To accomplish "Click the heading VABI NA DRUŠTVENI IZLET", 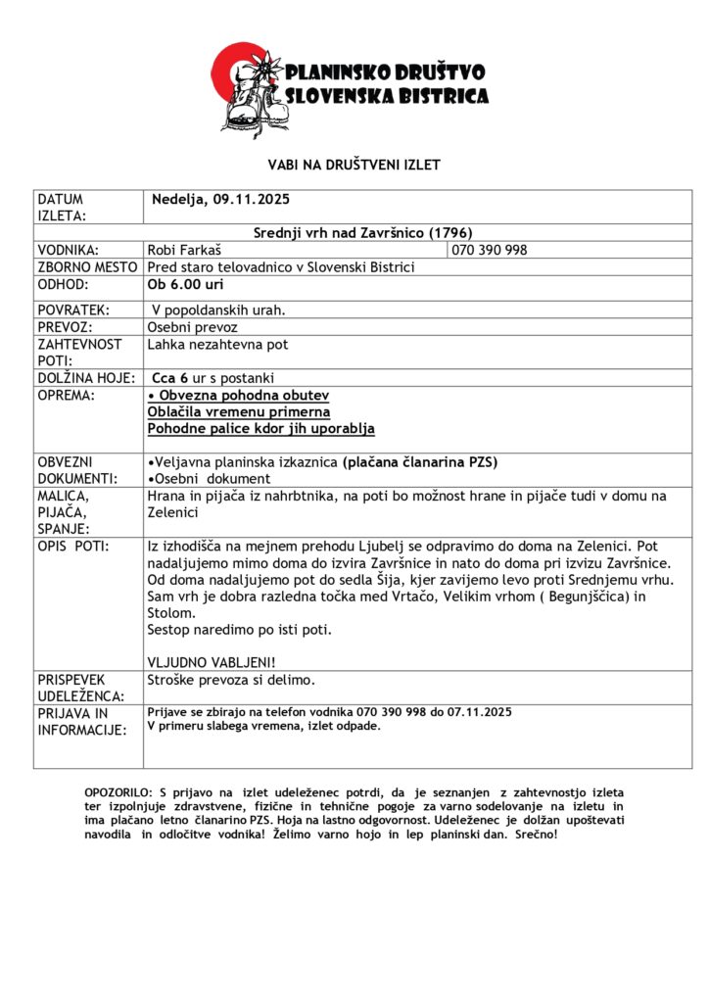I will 354,165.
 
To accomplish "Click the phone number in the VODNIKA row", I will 490,250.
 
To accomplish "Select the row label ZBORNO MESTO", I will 88,267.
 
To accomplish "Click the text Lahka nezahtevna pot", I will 217,345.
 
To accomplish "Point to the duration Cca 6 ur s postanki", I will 213,378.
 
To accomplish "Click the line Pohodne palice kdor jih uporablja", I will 260,428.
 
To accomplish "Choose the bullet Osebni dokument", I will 209,479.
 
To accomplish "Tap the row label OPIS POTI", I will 73,545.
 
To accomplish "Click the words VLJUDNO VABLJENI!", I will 212,661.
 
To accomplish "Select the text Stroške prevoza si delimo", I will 231,679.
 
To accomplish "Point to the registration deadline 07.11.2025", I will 479,712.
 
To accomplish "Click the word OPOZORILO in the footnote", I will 117,791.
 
